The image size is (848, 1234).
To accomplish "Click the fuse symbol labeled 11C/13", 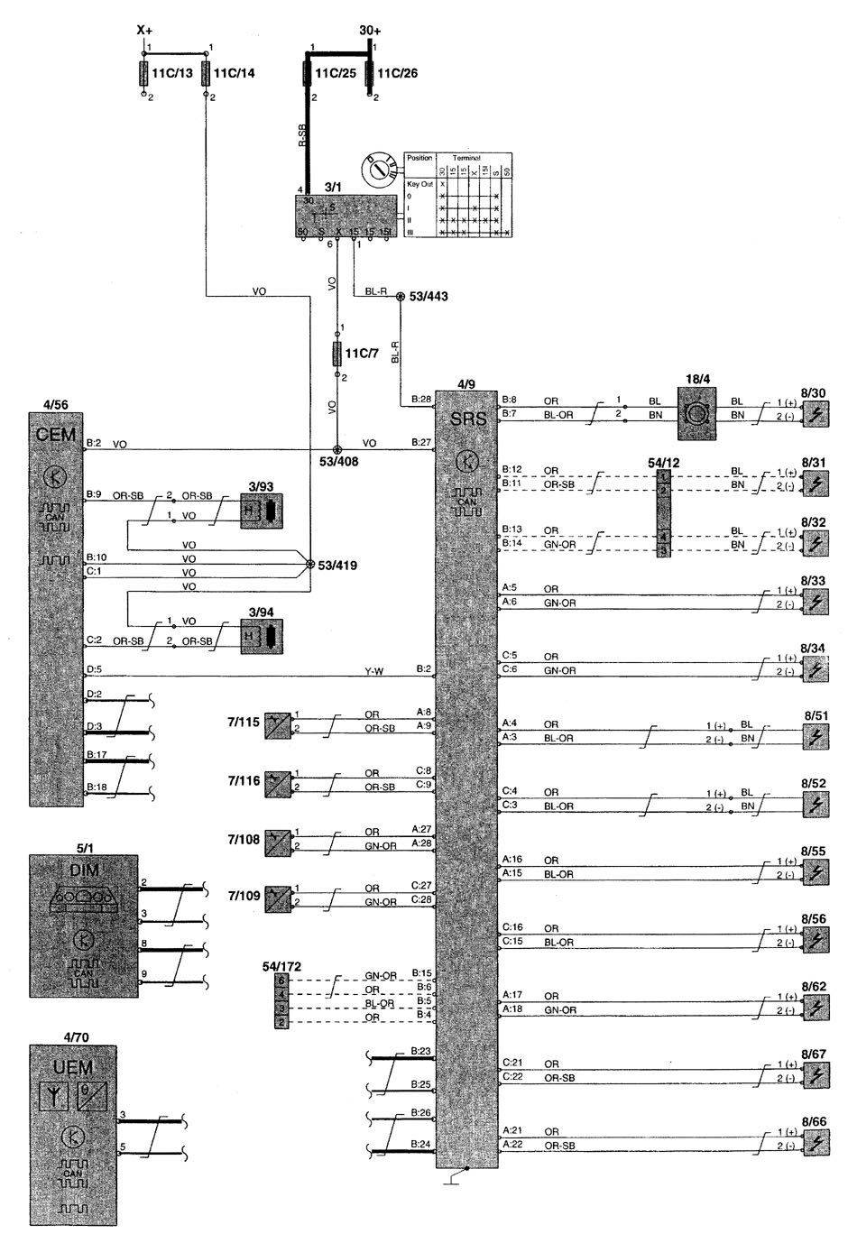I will click(144, 73).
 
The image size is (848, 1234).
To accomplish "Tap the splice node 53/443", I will click(400, 296).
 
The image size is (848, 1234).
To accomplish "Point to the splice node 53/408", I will click(337, 449).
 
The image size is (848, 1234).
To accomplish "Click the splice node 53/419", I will click(310, 566).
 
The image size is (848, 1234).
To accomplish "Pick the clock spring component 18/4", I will click(696, 414).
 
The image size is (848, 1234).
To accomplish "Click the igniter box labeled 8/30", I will click(815, 414).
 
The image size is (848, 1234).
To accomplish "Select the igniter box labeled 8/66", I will click(815, 1139).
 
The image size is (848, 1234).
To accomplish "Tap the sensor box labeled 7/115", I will click(277, 725).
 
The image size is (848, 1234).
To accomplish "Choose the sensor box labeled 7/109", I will click(277, 898).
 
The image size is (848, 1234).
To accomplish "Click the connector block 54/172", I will click(282, 1001).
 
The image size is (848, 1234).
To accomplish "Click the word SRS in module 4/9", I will click(467, 419).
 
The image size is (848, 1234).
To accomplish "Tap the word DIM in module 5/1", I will click(83, 870).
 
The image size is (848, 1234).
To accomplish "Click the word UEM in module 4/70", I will click(73, 1067).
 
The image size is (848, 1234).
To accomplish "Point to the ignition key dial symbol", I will click(378, 170).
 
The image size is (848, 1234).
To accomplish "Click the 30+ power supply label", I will click(370, 31).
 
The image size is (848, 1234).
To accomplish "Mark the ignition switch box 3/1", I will click(347, 216).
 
